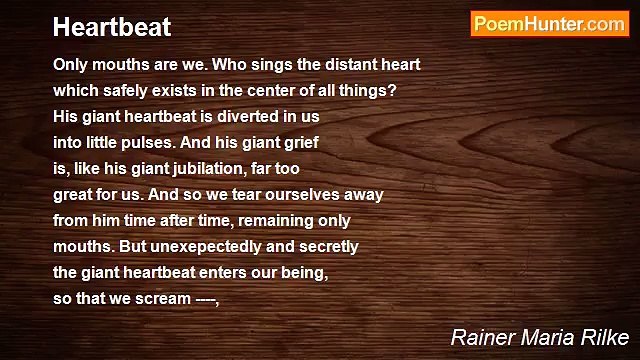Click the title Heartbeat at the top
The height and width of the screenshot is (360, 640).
coord(112,27)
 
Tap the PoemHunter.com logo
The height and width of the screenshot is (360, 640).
coord(549,24)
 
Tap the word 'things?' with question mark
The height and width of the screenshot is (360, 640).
coord(368,90)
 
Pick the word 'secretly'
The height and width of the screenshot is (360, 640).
coord(327,246)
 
